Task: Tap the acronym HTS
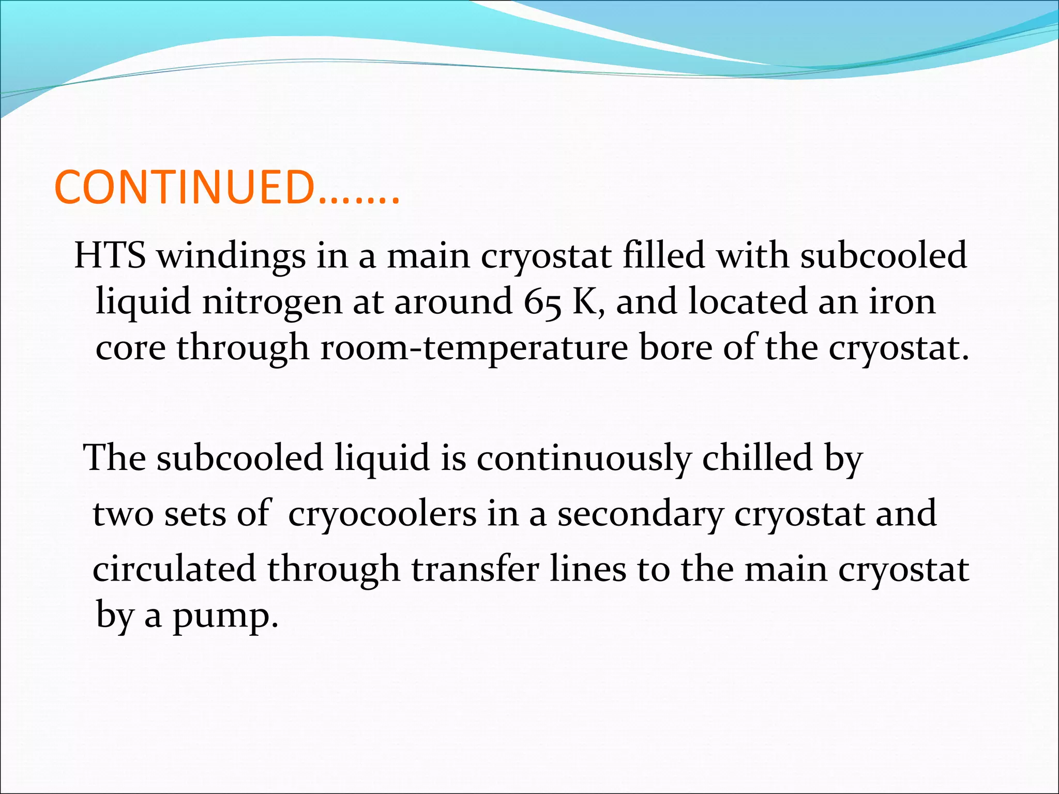(x=110, y=255)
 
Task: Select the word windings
(x=231, y=256)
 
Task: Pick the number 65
(x=542, y=302)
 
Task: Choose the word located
(x=747, y=301)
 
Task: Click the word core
(x=130, y=347)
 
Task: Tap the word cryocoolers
(x=382, y=514)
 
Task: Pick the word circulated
(x=174, y=569)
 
